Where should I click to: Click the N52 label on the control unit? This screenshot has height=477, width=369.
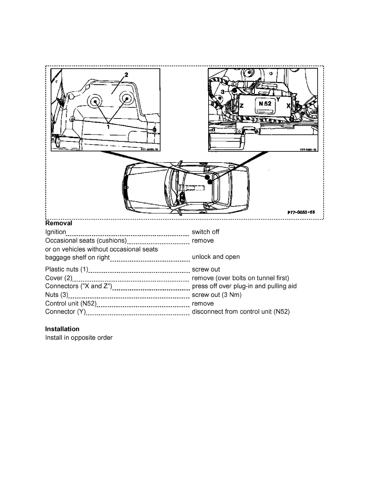click(x=264, y=103)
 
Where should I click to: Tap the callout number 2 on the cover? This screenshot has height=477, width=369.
click(x=126, y=75)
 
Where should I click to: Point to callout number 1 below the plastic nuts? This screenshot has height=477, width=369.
click(x=108, y=126)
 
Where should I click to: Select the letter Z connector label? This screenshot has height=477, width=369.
click(x=242, y=106)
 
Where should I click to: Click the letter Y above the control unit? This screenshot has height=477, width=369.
click(x=278, y=99)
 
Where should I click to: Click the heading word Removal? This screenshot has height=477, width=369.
click(x=59, y=223)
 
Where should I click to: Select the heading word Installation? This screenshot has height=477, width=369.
click(x=62, y=329)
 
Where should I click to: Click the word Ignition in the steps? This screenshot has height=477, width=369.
click(x=55, y=232)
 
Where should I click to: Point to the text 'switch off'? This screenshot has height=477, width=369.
click(x=205, y=232)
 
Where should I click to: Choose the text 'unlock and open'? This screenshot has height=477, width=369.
click(x=215, y=257)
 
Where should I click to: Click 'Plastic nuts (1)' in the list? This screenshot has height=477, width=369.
click(x=67, y=269)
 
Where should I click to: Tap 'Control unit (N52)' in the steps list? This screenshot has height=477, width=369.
click(x=71, y=304)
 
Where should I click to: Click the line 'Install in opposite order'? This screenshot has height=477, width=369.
click(x=79, y=338)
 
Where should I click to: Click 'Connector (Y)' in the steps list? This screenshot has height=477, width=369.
click(x=66, y=312)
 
